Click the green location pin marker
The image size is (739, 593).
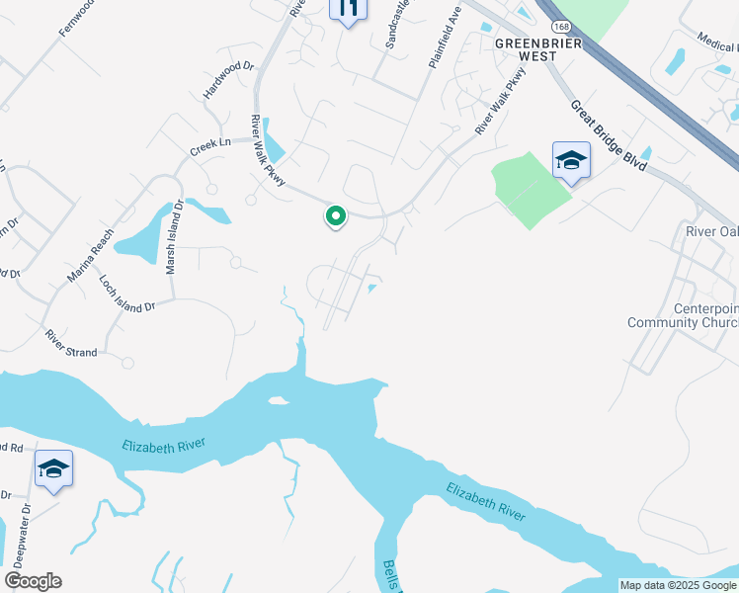(336, 216)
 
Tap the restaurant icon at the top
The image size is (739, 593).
(347, 9)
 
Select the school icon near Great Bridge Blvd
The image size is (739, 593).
(570, 162)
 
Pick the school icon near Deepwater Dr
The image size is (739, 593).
(53, 469)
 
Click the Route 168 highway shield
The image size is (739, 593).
(560, 26)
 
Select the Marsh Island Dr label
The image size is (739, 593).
(174, 238)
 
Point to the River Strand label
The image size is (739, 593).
(71, 345)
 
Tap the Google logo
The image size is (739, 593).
(33, 581)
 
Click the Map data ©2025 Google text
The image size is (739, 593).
(678, 585)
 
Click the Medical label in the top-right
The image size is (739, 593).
(715, 41)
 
